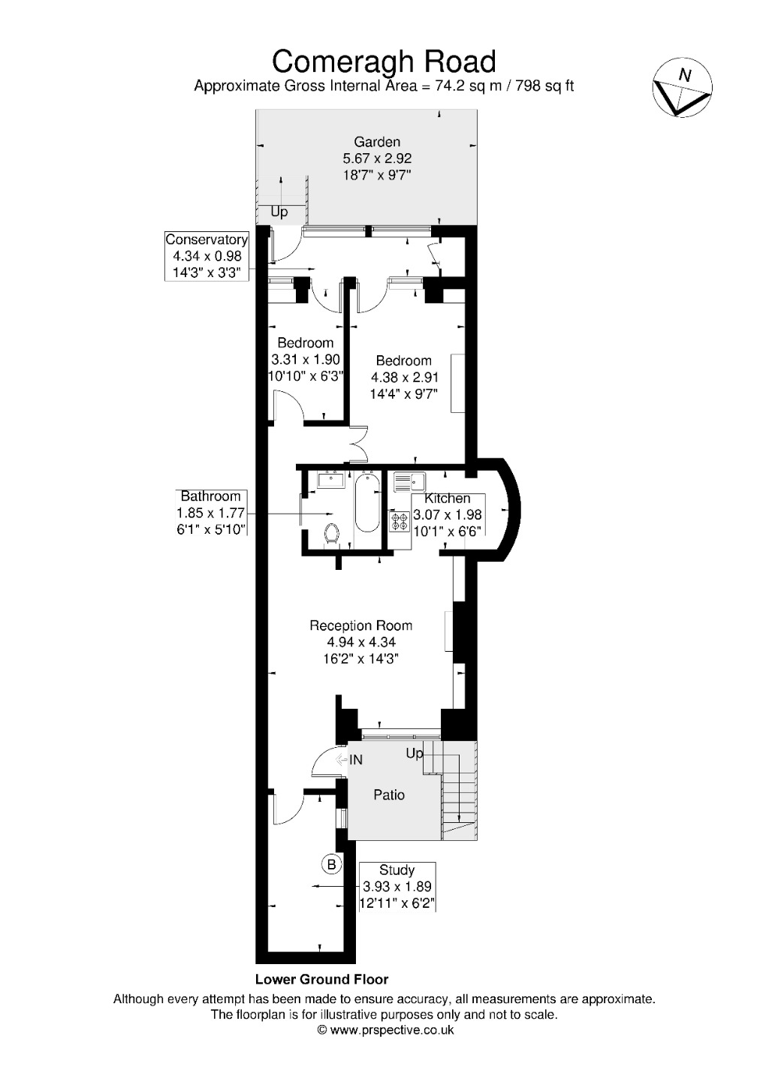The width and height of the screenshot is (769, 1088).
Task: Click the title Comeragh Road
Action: point(384,61)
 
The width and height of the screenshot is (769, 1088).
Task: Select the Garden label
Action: point(377,142)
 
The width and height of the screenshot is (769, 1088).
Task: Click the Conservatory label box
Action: point(207,256)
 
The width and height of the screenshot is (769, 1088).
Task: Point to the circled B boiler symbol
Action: point(332,864)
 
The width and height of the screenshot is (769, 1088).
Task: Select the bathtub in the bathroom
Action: point(366,503)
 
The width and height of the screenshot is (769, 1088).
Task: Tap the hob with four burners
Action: point(398,520)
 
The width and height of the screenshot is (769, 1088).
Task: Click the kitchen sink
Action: point(409,481)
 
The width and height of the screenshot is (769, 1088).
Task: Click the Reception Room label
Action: point(361,625)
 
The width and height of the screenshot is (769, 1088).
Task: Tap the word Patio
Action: point(389,794)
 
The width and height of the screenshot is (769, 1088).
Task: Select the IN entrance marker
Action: point(350,760)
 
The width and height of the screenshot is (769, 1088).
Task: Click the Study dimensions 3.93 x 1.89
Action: point(397,886)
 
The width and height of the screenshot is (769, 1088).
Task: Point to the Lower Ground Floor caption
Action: point(321,979)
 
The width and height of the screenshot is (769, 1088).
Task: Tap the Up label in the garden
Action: point(279,212)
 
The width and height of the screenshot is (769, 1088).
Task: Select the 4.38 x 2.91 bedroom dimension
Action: point(405,377)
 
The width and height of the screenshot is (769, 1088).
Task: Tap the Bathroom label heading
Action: point(210,496)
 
